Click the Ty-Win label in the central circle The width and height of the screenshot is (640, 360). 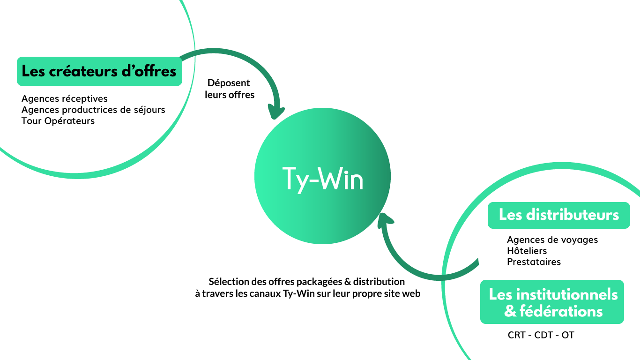[x=323, y=179]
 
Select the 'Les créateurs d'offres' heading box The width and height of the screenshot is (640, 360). [x=99, y=71]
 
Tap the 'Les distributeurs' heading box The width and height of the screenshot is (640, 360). [x=558, y=215]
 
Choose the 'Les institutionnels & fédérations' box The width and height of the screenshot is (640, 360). [x=552, y=302]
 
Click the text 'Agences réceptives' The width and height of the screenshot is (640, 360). [x=65, y=98]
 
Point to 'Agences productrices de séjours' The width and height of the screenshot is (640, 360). [x=93, y=110]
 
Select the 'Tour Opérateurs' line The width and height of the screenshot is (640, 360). [x=58, y=121]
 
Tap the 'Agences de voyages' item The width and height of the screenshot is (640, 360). [x=552, y=240]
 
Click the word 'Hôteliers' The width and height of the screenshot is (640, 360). [x=527, y=251]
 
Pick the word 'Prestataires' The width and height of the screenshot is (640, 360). [x=534, y=262]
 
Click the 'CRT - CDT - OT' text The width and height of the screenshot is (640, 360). [x=541, y=335]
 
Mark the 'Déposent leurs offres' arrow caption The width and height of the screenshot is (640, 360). [x=230, y=89]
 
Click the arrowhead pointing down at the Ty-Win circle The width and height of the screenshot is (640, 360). [x=276, y=112]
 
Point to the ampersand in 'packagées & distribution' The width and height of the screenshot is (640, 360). [x=347, y=282]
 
